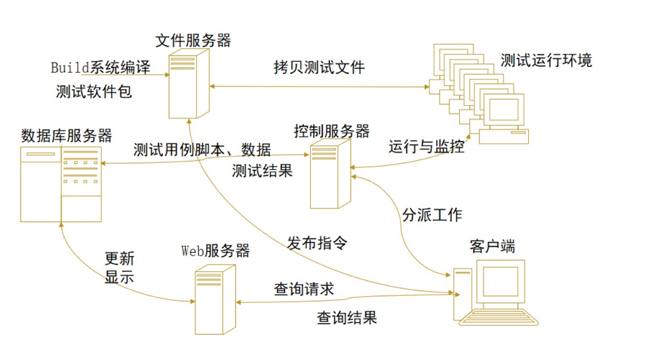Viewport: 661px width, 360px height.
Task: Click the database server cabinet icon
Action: point(61,184)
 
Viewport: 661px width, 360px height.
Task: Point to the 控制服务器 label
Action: point(331,131)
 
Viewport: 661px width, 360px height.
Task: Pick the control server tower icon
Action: point(330,174)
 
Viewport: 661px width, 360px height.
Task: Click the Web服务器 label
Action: point(216,251)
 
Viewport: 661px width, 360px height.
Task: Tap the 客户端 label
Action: point(492,246)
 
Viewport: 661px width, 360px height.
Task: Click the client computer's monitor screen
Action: point(499,281)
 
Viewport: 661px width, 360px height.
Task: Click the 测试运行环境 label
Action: point(546,61)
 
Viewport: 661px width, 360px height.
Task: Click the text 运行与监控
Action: point(426,147)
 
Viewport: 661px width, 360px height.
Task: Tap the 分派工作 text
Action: point(432,215)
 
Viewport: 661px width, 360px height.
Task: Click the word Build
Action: point(70,67)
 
